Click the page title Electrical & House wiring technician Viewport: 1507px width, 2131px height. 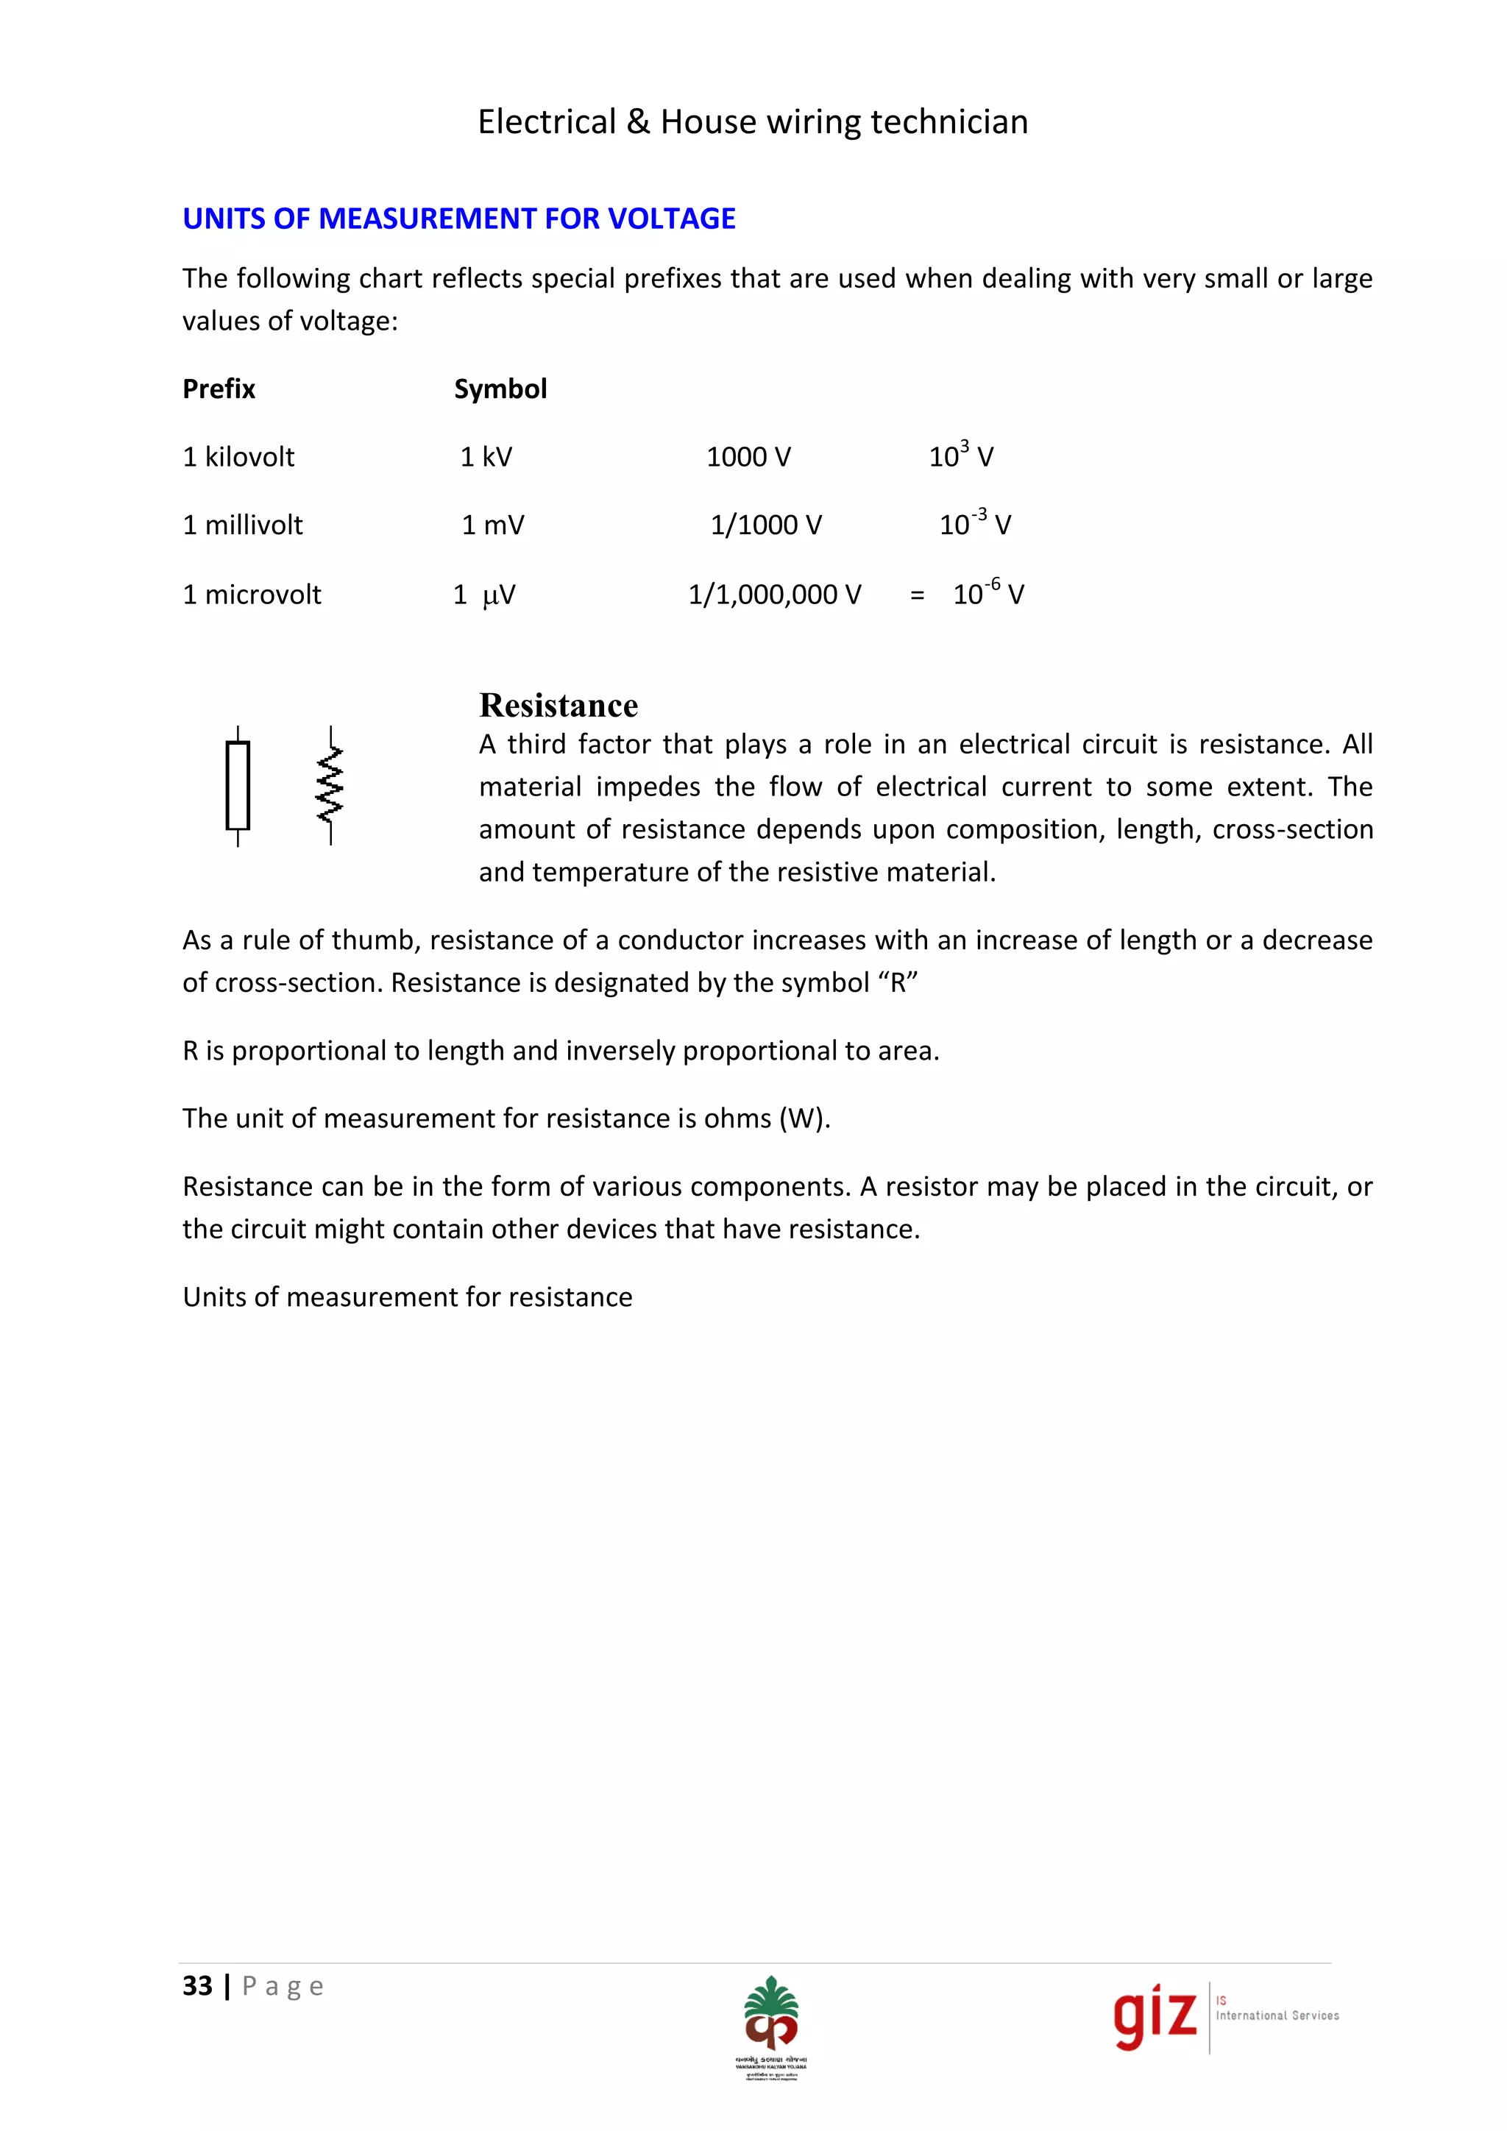point(753,121)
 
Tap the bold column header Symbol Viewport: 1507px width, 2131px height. point(500,389)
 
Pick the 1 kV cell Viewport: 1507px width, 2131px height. point(486,457)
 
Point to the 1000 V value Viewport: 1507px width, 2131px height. point(748,457)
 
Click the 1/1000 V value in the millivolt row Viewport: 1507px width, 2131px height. point(765,525)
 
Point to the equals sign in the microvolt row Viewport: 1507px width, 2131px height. point(917,595)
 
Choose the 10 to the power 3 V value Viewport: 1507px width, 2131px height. point(960,455)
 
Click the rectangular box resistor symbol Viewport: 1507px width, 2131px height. point(238,785)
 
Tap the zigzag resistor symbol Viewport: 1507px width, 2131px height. point(330,785)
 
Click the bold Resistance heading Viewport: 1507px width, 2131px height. point(558,706)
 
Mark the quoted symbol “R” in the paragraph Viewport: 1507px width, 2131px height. point(896,983)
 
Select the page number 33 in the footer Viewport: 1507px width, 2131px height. point(196,1986)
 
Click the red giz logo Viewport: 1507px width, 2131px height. point(1155,2016)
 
